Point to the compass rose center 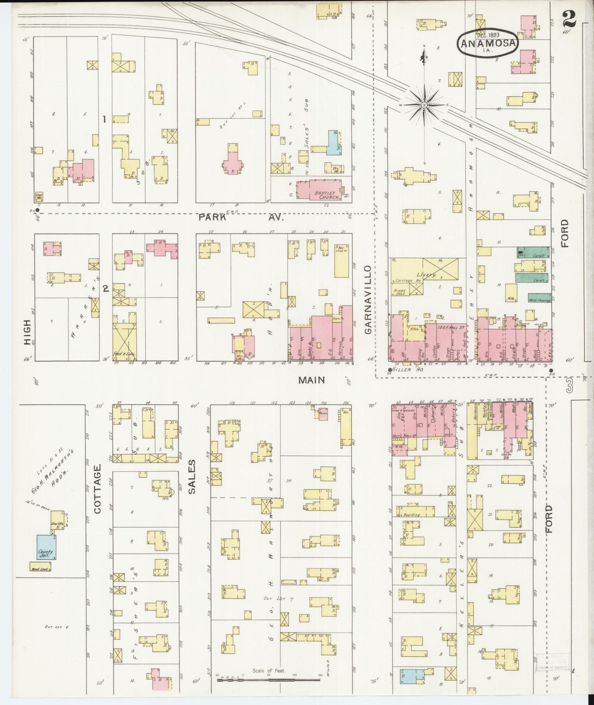[x=424, y=105]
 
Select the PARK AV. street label [x=241, y=217]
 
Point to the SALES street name [x=193, y=476]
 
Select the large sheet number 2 [x=569, y=17]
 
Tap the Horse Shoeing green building [x=539, y=300]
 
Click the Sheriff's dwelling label [x=58, y=525]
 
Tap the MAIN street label [x=312, y=380]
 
